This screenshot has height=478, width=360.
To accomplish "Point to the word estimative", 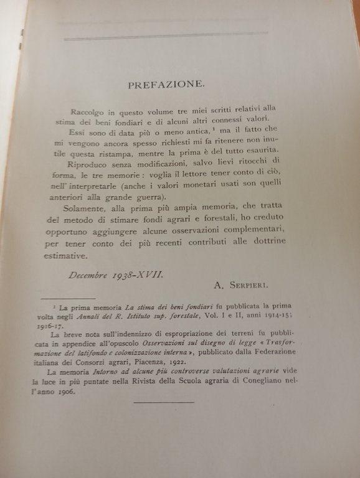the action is pos(72,255).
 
